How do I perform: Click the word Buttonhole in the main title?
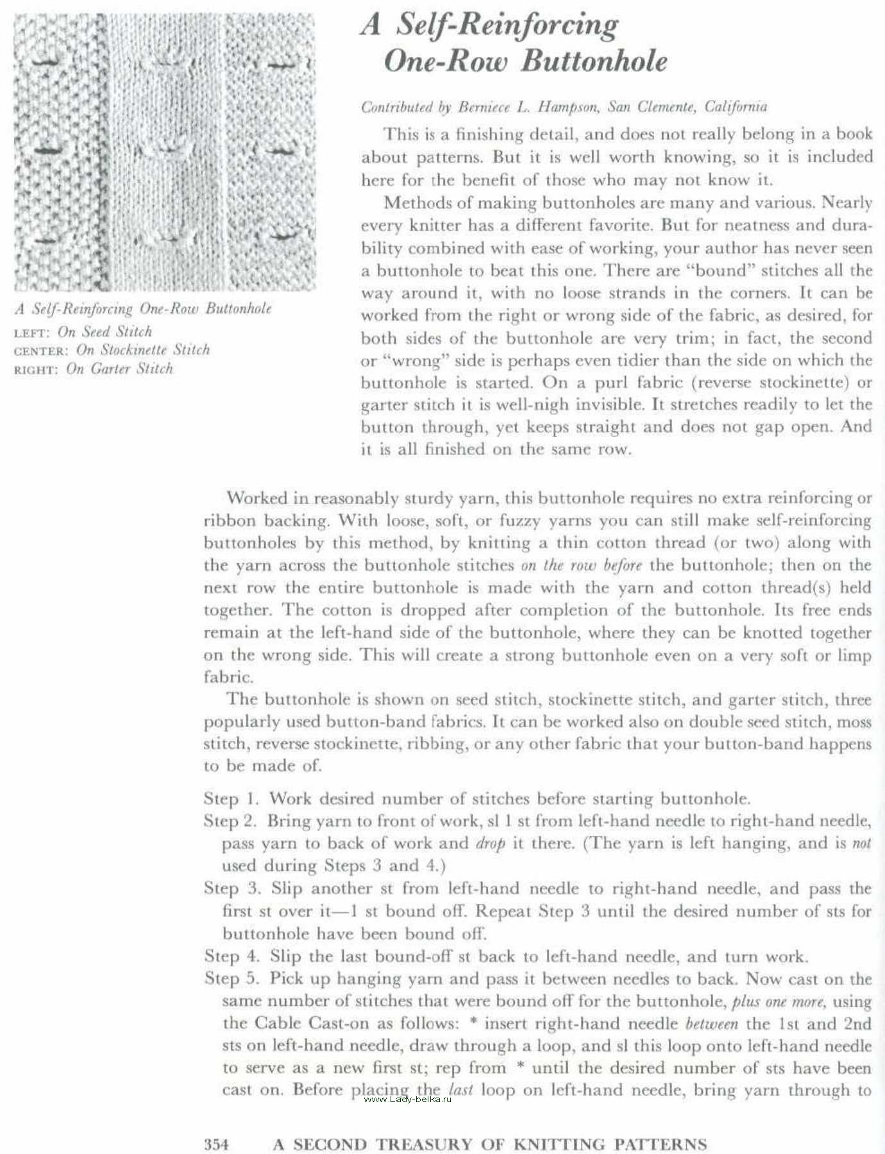[x=594, y=62]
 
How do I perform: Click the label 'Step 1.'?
[x=231, y=799]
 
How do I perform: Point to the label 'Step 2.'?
[x=230, y=821]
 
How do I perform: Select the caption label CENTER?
[x=41, y=351]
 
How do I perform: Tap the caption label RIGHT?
[x=36, y=370]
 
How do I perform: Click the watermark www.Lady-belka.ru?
[x=407, y=1100]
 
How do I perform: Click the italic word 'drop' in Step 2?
[x=490, y=844]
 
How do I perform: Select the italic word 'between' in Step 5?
[x=711, y=1024]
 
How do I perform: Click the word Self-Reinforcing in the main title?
[x=507, y=26]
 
